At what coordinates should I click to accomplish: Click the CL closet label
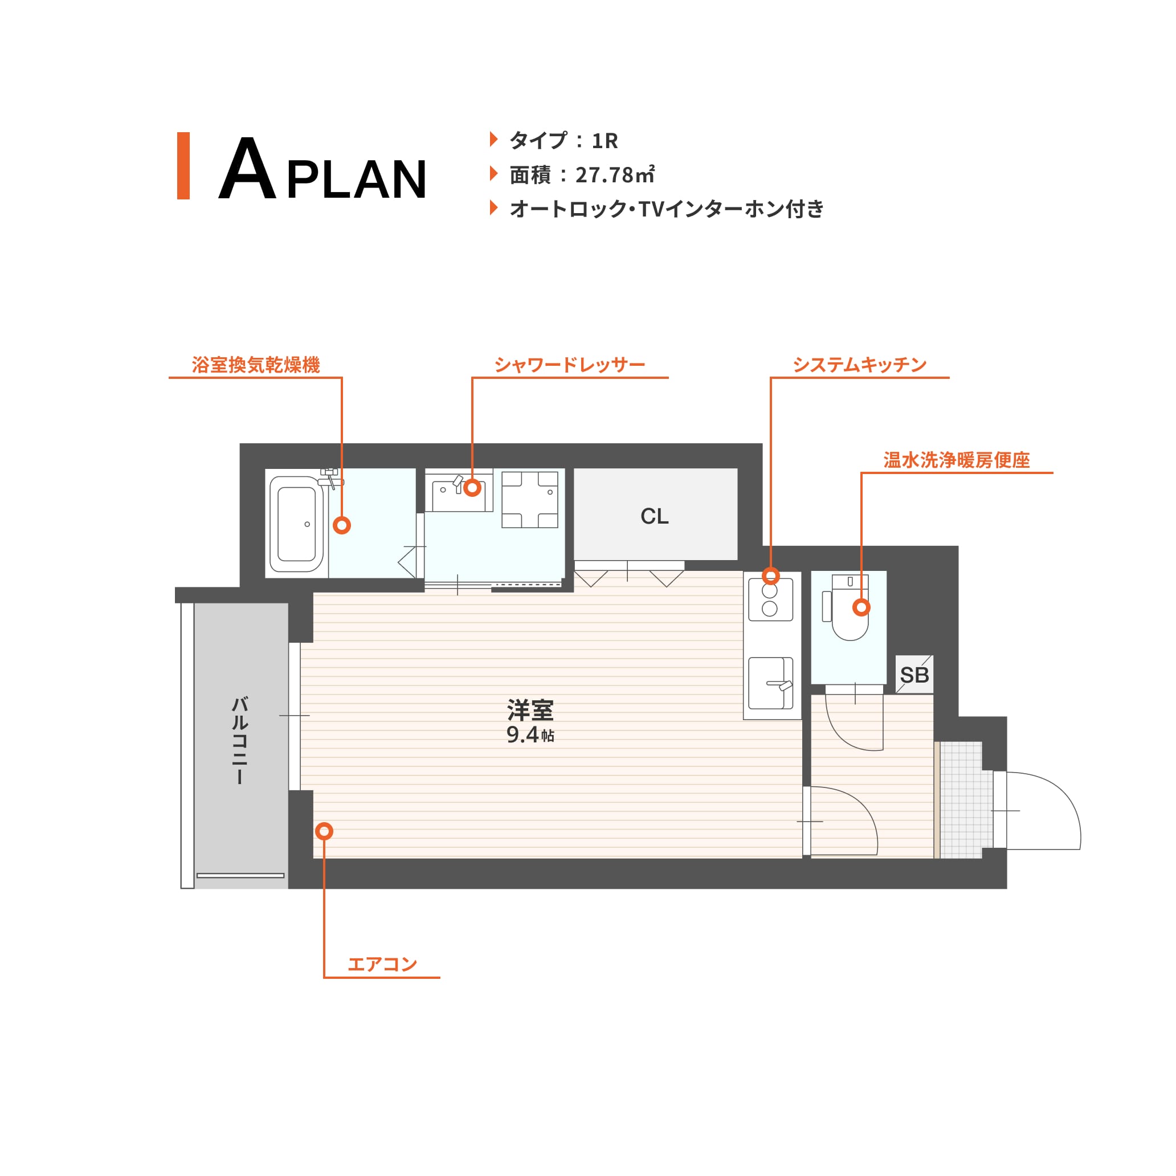[x=654, y=516]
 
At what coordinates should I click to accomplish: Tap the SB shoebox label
[x=914, y=675]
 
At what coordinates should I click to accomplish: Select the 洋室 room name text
[x=530, y=710]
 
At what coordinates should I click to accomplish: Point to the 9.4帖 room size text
[x=530, y=734]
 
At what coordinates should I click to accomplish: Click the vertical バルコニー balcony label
[x=240, y=740]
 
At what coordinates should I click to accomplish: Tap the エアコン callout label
[x=382, y=964]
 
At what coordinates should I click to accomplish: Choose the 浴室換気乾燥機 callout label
[x=256, y=365]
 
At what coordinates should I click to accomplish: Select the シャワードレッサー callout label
[x=569, y=365]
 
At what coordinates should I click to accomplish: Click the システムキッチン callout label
[x=859, y=365]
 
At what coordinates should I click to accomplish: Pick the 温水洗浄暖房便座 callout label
[x=956, y=460]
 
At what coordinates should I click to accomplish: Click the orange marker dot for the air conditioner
[x=324, y=831]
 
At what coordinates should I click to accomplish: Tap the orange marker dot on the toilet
[x=861, y=607]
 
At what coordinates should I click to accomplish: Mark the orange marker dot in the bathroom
[x=342, y=525]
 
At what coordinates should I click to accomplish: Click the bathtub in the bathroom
[x=296, y=524]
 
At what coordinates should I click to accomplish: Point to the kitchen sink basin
[x=770, y=683]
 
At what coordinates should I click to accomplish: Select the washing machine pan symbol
[x=529, y=499]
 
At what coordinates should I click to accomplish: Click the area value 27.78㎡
[x=615, y=175]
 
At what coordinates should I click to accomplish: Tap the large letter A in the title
[x=247, y=168]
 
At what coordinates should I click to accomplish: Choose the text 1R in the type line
[x=605, y=141]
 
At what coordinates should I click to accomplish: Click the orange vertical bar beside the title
[x=183, y=166]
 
